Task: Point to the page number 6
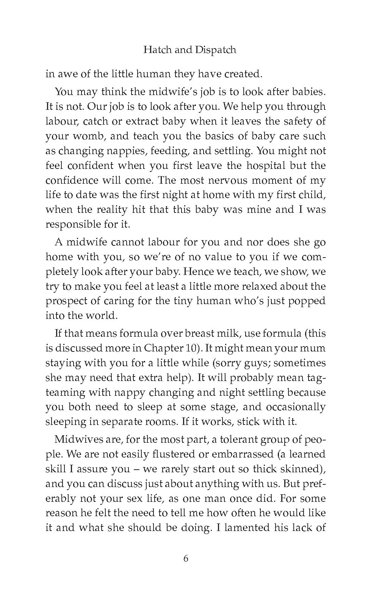pos(186,558)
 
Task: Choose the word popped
pos(306,301)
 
